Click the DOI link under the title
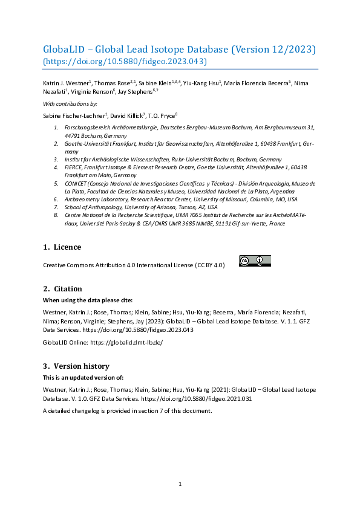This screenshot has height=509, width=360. pyautogui.click(x=125, y=61)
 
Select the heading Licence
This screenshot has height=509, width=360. pyautogui.click(x=67, y=247)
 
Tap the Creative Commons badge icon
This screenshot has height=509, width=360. pyautogui.click(x=255, y=261)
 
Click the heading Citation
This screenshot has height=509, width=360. pyautogui.click(x=68, y=289)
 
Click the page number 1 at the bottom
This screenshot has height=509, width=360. pyautogui.click(x=180, y=484)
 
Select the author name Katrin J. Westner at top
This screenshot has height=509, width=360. pyautogui.click(x=65, y=82)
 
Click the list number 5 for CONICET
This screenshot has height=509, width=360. pyautogui.click(x=56, y=183)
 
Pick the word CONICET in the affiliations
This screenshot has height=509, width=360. pyautogui.click(x=76, y=183)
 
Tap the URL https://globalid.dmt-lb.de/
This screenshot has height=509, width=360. pyautogui.click(x=126, y=342)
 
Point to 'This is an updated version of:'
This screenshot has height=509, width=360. pyautogui.click(x=83, y=377)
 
